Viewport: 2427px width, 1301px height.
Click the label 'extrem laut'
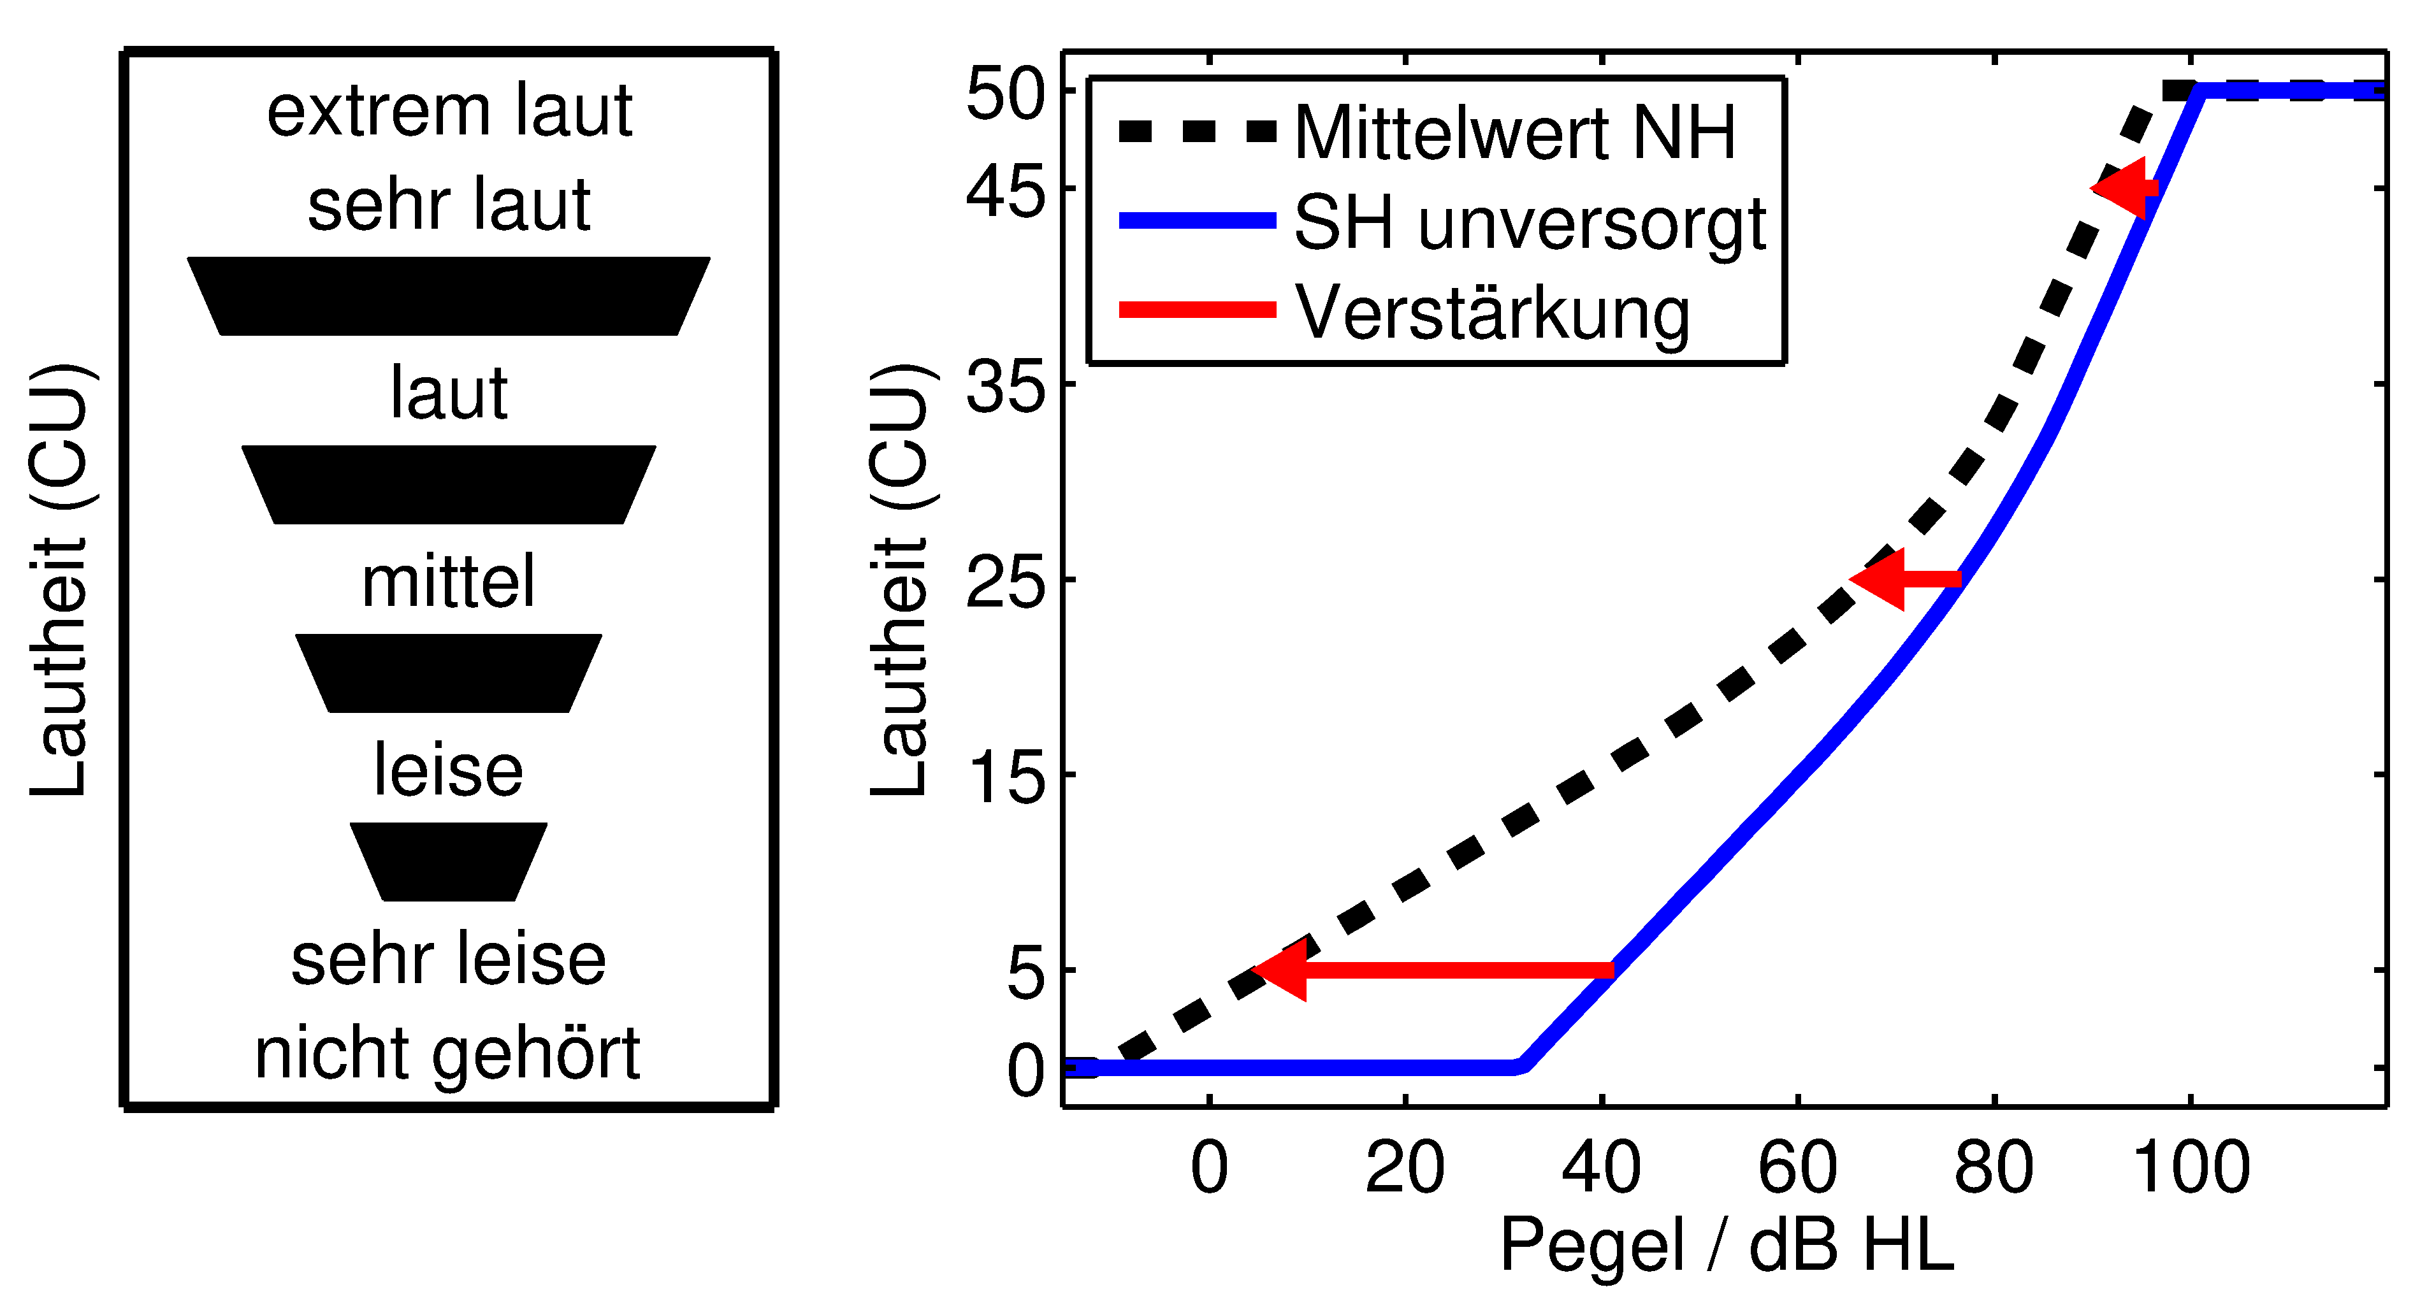[449, 111]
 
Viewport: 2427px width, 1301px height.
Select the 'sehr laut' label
[449, 205]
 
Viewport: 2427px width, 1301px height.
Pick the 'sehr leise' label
[449, 959]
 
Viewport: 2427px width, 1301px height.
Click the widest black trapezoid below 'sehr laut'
[449, 296]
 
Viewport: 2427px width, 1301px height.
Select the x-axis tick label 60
[1797, 1168]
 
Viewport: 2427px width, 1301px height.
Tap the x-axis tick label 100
[2191, 1168]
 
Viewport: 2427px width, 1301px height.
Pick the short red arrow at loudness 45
[2124, 189]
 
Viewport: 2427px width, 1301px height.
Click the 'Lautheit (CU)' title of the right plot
[901, 579]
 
